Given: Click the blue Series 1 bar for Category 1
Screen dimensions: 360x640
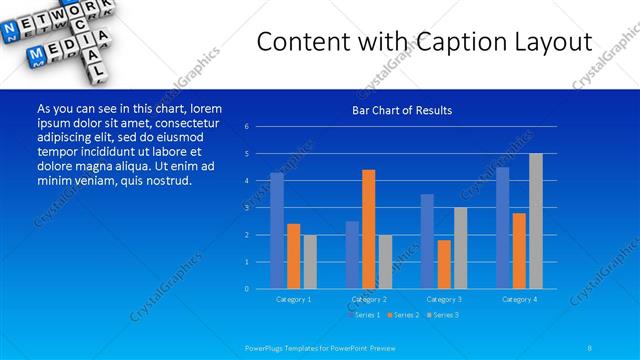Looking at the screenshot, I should (x=277, y=231).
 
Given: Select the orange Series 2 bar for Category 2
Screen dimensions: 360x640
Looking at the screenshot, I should (x=369, y=229).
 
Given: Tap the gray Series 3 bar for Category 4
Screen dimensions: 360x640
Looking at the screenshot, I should (x=536, y=221).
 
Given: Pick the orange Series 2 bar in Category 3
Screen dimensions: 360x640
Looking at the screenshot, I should (x=444, y=264).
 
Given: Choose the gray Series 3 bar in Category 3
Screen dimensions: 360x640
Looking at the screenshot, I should (x=460, y=248).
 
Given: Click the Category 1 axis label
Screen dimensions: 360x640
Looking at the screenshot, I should (x=294, y=298).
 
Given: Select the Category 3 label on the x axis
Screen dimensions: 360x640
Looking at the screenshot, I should (x=444, y=298).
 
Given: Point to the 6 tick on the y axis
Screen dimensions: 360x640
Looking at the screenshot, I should (x=246, y=127).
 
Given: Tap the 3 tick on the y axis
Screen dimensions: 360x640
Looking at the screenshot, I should (x=246, y=208).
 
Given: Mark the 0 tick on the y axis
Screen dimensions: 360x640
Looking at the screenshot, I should (x=246, y=289).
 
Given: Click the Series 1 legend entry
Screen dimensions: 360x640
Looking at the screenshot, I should (x=364, y=315).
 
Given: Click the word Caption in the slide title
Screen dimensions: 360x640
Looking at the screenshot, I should (x=463, y=43).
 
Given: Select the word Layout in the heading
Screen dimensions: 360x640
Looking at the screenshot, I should (x=549, y=43).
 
